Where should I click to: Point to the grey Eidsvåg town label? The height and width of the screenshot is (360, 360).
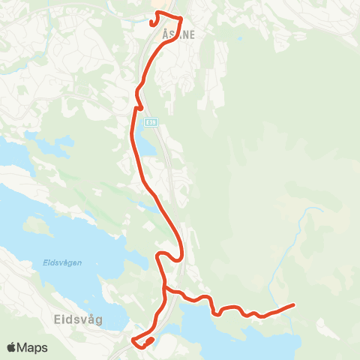[x=79, y=318]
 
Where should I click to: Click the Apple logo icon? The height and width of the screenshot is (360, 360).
[x=12, y=348]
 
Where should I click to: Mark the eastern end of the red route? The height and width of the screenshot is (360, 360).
[x=292, y=304]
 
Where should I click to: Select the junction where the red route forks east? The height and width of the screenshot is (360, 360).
[x=163, y=287]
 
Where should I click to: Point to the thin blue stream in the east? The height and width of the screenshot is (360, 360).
[x=296, y=240]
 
